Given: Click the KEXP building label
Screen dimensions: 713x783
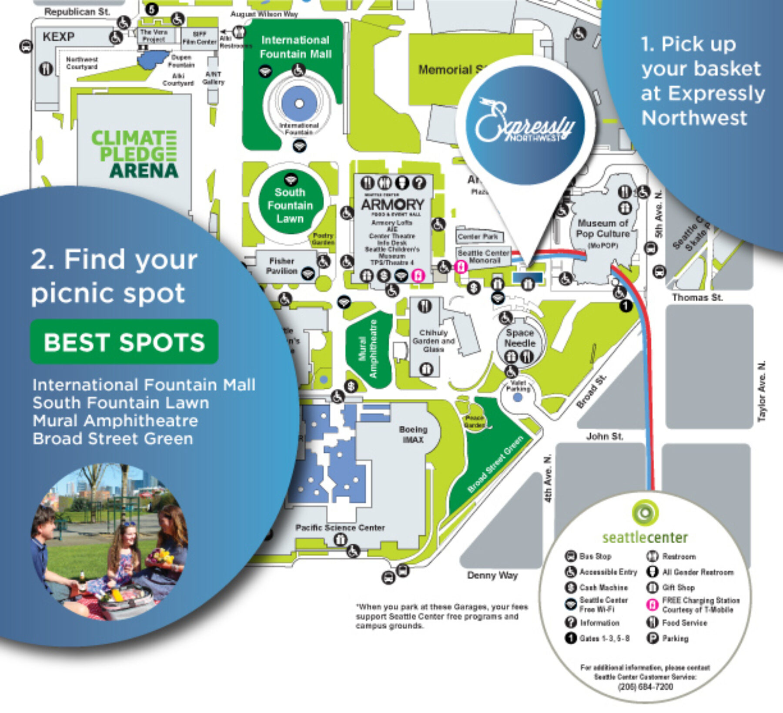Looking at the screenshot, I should [x=58, y=37].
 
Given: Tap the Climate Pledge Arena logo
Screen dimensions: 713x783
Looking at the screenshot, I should [x=134, y=154].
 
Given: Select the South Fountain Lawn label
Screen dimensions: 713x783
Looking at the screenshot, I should [x=290, y=205].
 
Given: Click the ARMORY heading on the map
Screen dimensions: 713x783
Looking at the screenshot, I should [x=392, y=204].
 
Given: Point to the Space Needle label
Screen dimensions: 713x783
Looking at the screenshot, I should [x=519, y=338].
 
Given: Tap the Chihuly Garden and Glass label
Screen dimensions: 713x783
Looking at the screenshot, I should [x=433, y=341].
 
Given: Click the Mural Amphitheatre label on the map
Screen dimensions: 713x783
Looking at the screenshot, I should [x=368, y=349].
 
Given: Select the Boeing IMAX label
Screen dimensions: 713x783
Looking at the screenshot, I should [x=413, y=434].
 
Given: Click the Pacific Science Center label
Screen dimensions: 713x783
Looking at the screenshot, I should [x=340, y=528].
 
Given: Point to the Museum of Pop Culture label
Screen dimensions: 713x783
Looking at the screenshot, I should [x=603, y=229].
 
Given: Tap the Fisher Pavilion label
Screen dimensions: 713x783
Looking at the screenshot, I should [x=281, y=266].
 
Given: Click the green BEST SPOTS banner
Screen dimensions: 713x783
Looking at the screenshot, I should [x=124, y=342].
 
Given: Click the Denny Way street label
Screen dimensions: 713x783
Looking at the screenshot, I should [x=492, y=575].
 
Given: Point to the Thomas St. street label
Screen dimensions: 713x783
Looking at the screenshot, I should [x=697, y=298].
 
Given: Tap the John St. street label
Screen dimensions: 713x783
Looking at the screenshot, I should [x=604, y=436].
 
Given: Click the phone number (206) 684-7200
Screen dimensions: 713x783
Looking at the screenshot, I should [x=645, y=686].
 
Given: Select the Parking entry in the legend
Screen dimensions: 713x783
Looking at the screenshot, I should [x=675, y=639].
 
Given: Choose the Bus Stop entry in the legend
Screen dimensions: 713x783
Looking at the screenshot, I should [x=595, y=556].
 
